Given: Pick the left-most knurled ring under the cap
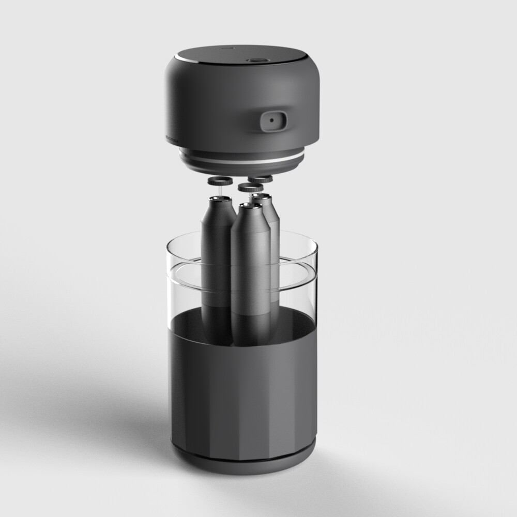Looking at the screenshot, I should tap(220, 182).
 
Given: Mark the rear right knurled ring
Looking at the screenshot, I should tap(260, 179).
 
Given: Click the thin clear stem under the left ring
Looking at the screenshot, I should tap(219, 191).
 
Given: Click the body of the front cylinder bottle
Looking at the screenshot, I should tap(251, 279).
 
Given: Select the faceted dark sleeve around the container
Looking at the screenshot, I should tap(243, 393).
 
